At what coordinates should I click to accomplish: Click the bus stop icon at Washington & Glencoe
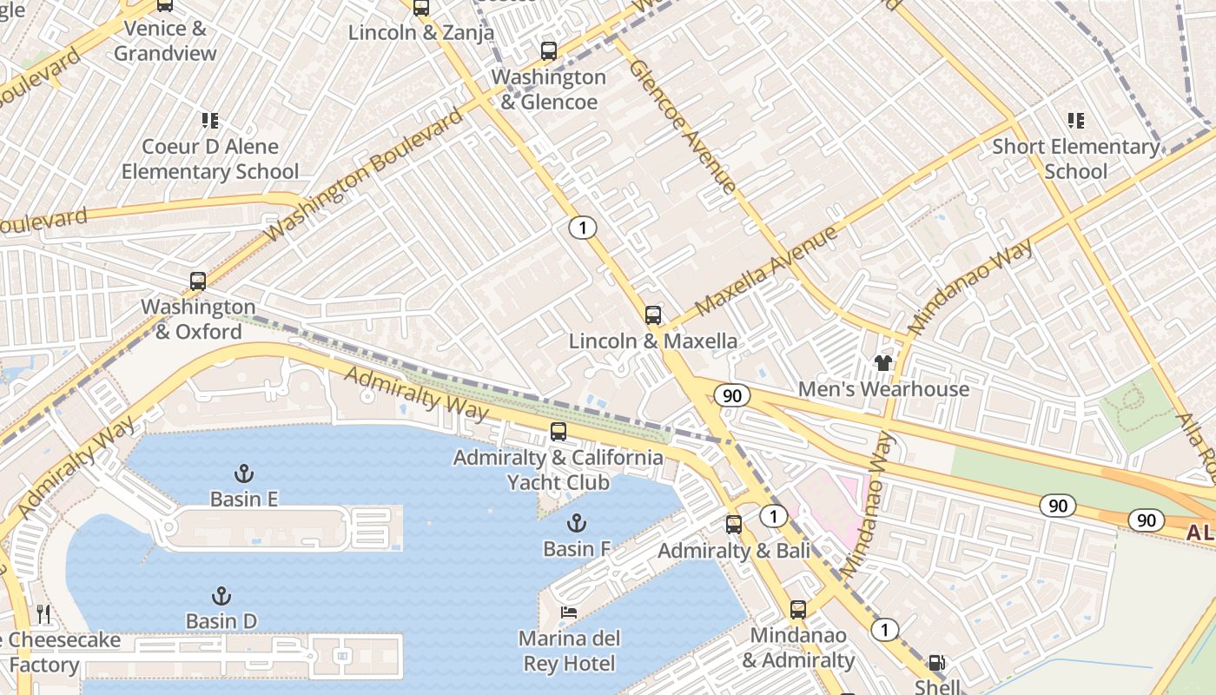(548, 51)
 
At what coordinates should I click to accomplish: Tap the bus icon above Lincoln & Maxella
(653, 315)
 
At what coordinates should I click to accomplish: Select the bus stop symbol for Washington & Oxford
(198, 281)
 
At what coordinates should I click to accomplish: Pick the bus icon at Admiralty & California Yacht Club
(558, 432)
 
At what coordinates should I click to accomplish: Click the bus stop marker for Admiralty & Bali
(734, 525)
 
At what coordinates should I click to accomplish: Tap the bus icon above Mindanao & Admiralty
(798, 610)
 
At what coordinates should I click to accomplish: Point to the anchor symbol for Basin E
(244, 473)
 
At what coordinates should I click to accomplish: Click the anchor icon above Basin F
(576, 523)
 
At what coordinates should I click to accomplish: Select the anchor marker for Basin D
(221, 596)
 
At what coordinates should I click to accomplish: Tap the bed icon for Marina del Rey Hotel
(569, 613)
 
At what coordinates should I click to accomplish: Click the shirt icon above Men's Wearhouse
(883, 363)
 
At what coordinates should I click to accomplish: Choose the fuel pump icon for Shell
(937, 663)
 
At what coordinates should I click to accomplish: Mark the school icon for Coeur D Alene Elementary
(210, 121)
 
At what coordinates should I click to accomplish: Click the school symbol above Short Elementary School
(1076, 121)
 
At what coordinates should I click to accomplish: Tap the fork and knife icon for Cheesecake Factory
(43, 615)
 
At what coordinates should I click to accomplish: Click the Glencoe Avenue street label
(683, 126)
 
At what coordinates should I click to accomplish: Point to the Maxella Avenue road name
(766, 270)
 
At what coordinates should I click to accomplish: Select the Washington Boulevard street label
(365, 175)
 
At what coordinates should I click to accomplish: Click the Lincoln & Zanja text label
(421, 33)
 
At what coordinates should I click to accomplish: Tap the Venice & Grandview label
(165, 41)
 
